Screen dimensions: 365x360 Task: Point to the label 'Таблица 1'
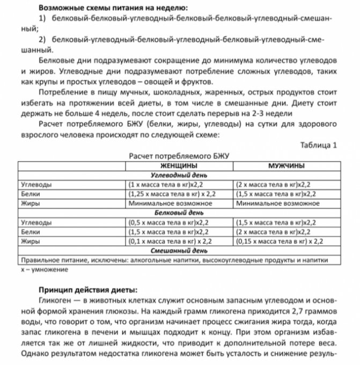[x=320, y=145]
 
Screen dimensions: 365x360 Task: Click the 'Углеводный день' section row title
[x=179, y=175]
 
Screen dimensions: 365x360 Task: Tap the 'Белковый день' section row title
[x=179, y=213]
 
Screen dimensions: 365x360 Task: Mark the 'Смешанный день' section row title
[x=179, y=250]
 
